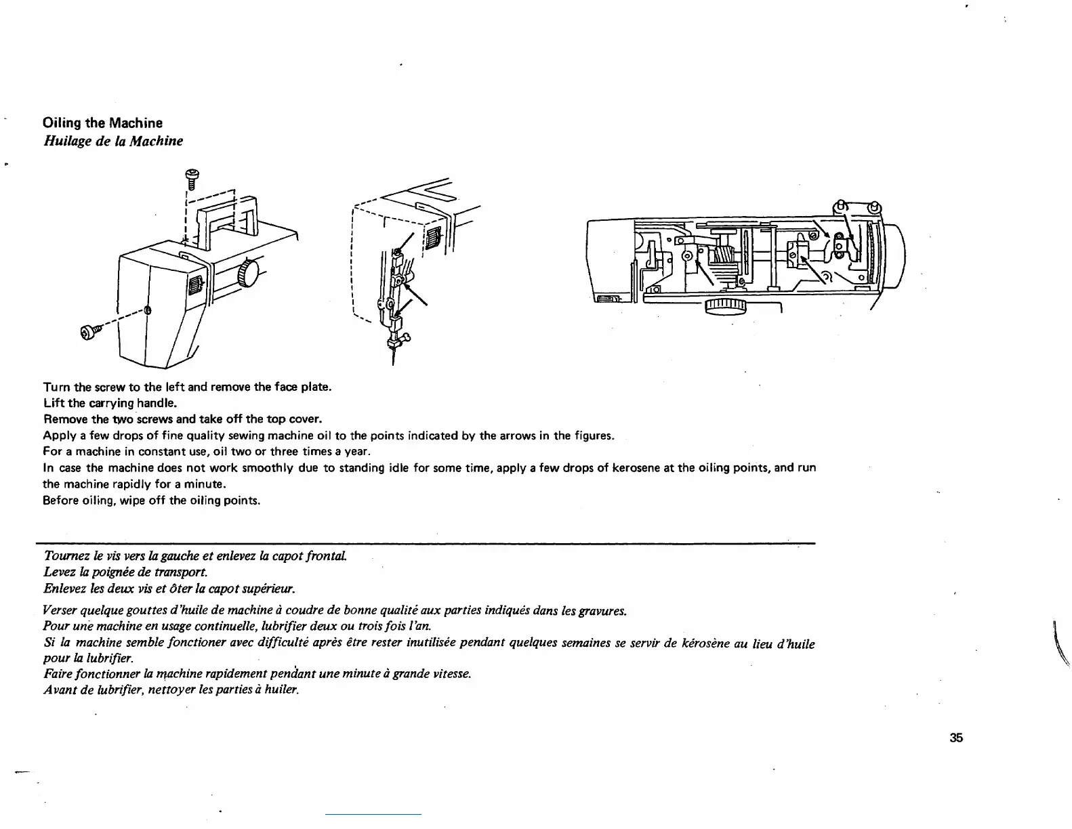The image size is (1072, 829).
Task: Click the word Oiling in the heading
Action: [62, 123]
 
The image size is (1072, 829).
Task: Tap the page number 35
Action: [956, 738]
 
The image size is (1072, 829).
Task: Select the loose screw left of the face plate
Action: [90, 331]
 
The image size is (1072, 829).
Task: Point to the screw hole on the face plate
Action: [148, 310]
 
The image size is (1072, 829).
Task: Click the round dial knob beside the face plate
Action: [249, 274]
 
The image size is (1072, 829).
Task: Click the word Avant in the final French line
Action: [59, 690]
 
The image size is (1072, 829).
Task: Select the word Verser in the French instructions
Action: [62, 611]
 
